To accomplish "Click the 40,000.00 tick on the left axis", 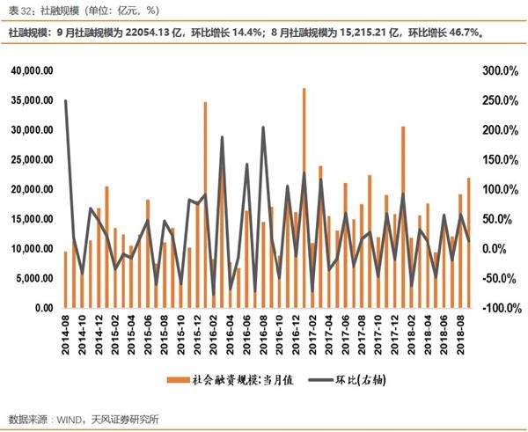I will [32, 70].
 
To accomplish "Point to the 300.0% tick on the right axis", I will [490, 70].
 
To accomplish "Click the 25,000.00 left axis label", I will [32, 159].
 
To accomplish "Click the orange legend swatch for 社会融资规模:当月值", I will [174, 381].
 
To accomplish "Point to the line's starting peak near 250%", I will [66, 101].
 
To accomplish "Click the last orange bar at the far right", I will [468, 243].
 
